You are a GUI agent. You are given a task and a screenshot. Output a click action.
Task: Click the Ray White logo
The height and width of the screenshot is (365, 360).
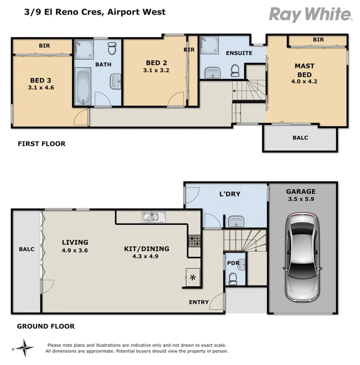pyautogui.click(x=310, y=14)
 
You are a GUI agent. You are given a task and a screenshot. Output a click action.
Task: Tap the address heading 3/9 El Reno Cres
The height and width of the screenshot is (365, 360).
pyautogui.click(x=95, y=12)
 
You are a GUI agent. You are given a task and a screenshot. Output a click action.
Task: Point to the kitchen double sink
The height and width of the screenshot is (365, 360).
pyautogui.click(x=153, y=216)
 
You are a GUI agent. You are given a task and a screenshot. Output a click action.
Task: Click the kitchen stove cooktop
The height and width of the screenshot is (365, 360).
pyautogui.click(x=194, y=240)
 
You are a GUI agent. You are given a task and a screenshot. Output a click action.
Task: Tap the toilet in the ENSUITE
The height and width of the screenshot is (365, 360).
pyautogui.click(x=235, y=71)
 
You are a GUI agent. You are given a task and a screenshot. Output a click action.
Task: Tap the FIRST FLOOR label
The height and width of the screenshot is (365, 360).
pyautogui.click(x=41, y=144)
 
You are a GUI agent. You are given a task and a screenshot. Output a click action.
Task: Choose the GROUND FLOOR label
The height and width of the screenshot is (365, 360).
pyautogui.click(x=46, y=326)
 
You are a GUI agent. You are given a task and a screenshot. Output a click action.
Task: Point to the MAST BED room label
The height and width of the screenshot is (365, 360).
pyautogui.click(x=304, y=70)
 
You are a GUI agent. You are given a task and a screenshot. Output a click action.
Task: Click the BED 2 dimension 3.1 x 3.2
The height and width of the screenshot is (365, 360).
pyautogui.click(x=156, y=70)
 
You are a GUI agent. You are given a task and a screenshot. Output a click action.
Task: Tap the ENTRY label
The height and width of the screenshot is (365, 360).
pyautogui.click(x=198, y=302)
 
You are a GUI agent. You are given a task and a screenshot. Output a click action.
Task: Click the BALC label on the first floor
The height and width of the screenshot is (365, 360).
pyautogui.click(x=300, y=138)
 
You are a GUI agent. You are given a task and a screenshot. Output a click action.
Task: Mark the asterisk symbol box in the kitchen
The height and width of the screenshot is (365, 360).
pyautogui.click(x=192, y=278)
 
